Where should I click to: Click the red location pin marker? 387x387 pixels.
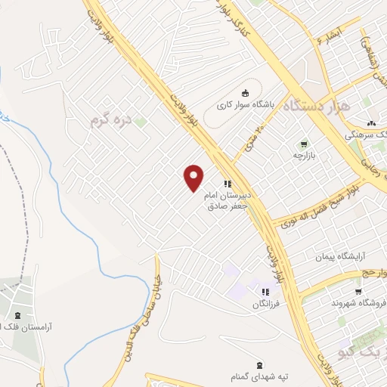click(194, 178)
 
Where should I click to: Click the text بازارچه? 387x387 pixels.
click(304, 154)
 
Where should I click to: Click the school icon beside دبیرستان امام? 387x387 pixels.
click(228, 184)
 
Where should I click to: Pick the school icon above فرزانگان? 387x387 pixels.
click(265, 292)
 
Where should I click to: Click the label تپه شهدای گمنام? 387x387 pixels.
click(259, 376)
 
